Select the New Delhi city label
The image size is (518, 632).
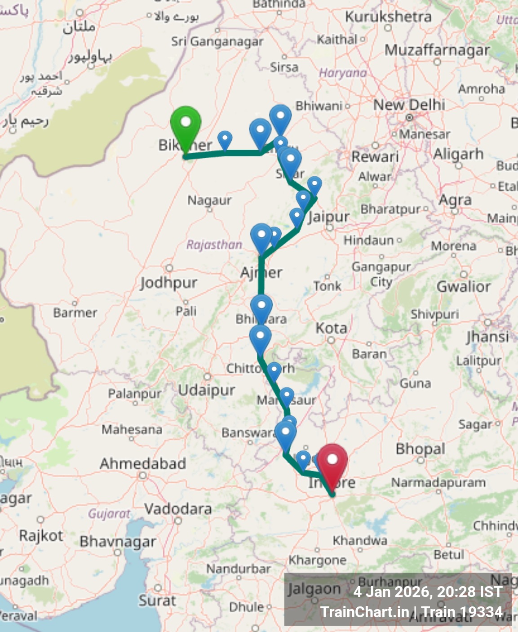point(409,105)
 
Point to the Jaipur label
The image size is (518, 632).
point(329,217)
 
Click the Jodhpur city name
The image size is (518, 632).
point(168,283)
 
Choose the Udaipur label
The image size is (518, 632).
point(207,390)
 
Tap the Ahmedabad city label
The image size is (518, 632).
point(143,463)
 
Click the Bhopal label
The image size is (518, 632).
point(421,449)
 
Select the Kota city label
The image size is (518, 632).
point(331,328)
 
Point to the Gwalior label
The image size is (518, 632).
point(463,286)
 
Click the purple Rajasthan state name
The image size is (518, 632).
point(214,245)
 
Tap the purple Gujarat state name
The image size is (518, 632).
point(109,513)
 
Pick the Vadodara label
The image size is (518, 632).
point(178,509)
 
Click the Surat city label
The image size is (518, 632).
point(157,601)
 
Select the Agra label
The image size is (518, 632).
point(455,200)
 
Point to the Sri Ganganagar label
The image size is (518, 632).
point(217,41)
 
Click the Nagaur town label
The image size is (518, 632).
point(209,200)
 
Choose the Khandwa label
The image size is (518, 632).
point(360,540)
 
